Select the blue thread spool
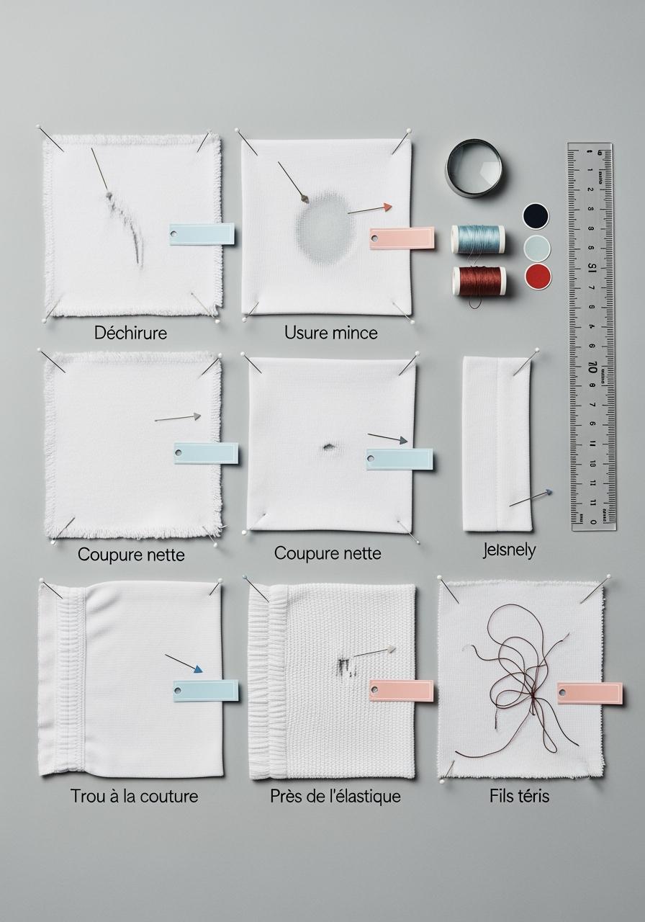(x=478, y=239)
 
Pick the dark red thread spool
(x=479, y=280)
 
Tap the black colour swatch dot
(x=536, y=215)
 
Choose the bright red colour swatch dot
(x=537, y=276)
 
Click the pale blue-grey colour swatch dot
(x=537, y=247)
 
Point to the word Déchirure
(x=130, y=333)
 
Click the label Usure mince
(x=330, y=333)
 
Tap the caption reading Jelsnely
(x=509, y=550)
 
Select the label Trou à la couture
(x=134, y=796)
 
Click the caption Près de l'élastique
(x=335, y=796)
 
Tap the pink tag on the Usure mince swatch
(x=402, y=238)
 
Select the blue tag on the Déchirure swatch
(x=202, y=234)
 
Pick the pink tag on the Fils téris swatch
(x=590, y=693)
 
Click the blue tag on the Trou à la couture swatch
(x=206, y=690)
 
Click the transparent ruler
(x=592, y=335)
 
